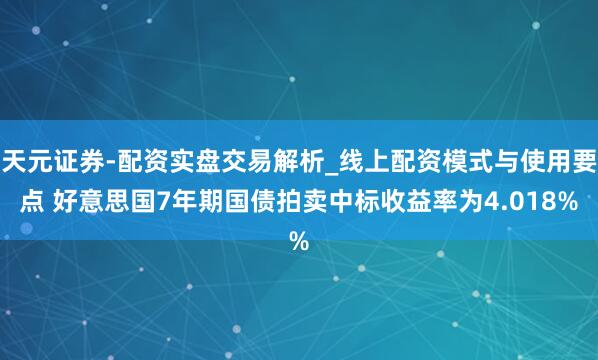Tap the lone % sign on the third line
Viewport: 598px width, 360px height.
point(298,241)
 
